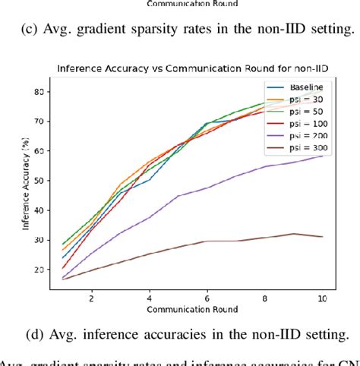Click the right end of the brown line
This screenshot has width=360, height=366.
322,237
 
